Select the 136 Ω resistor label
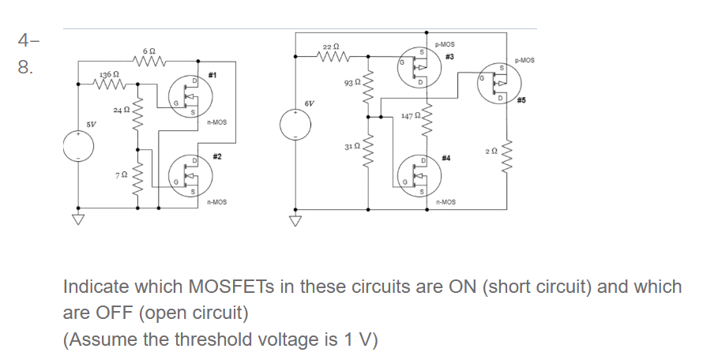pyautogui.click(x=108, y=74)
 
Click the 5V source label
pyautogui.click(x=92, y=124)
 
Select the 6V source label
pyautogui.click(x=309, y=103)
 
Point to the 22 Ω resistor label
pyautogui.click(x=332, y=47)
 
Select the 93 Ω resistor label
pyautogui.click(x=353, y=82)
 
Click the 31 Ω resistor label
pyautogui.click(x=353, y=147)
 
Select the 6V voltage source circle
pyautogui.click(x=296, y=124)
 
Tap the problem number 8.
pyautogui.click(x=26, y=67)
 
